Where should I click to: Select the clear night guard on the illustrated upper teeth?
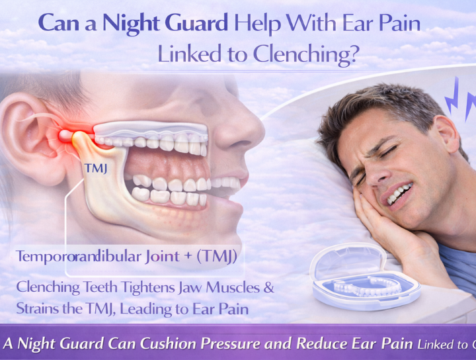pos(152,131)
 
